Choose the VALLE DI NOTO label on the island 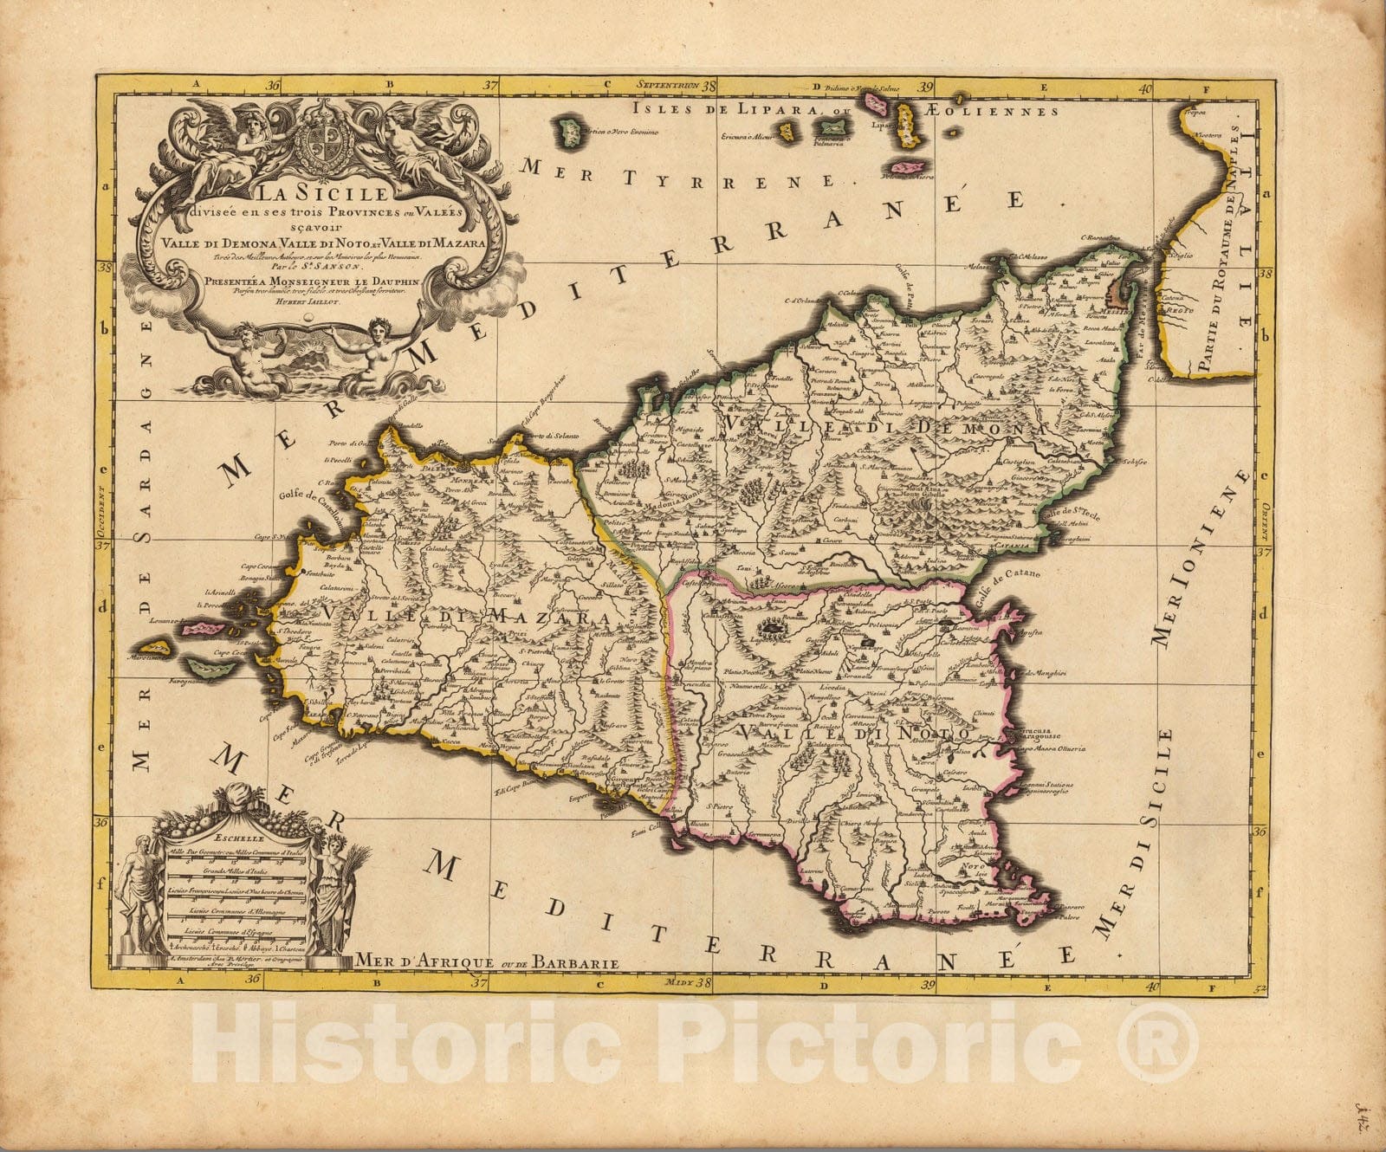coord(853,733)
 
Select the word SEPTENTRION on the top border coord(667,86)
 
